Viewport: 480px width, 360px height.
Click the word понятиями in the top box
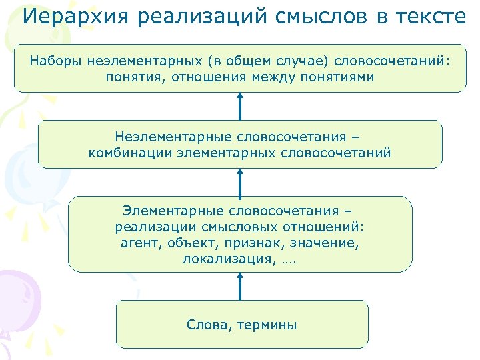(x=341, y=77)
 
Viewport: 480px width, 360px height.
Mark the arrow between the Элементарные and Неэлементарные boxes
(x=241, y=181)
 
